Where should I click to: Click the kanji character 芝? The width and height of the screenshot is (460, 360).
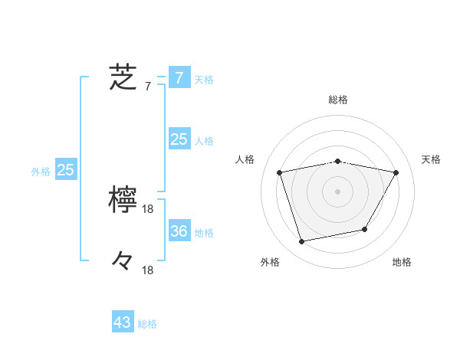[x=123, y=77]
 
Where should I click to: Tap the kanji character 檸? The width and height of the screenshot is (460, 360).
[x=123, y=200]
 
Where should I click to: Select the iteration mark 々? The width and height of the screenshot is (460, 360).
[x=123, y=262]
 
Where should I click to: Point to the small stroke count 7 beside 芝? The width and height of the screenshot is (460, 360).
[x=147, y=86]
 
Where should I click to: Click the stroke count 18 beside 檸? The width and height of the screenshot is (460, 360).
[x=148, y=208]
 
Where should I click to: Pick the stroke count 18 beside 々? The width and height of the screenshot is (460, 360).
[x=148, y=270]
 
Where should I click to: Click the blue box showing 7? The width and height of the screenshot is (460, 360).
[x=179, y=77]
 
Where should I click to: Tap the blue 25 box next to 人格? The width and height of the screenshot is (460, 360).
[x=179, y=139]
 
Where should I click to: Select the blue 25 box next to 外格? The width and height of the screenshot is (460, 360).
[x=65, y=170]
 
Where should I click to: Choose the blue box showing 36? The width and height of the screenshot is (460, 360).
[x=179, y=231]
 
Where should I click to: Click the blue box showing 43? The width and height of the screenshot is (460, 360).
[x=123, y=322]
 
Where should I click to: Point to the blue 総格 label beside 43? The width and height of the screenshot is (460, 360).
[x=147, y=324]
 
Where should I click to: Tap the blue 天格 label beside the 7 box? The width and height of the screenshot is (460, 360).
[x=204, y=79]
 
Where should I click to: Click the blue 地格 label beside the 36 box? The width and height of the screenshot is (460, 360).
[x=204, y=233]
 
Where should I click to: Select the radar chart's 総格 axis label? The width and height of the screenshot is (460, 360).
[x=338, y=100]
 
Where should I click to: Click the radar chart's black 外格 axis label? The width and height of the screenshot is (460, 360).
[x=270, y=262]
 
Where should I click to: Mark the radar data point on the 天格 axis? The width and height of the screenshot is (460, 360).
[x=396, y=172]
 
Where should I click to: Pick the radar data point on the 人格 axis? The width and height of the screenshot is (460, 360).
[x=280, y=172]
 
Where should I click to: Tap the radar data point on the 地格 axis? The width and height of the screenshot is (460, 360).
[x=365, y=229]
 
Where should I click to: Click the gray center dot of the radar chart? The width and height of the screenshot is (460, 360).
[x=338, y=191]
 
